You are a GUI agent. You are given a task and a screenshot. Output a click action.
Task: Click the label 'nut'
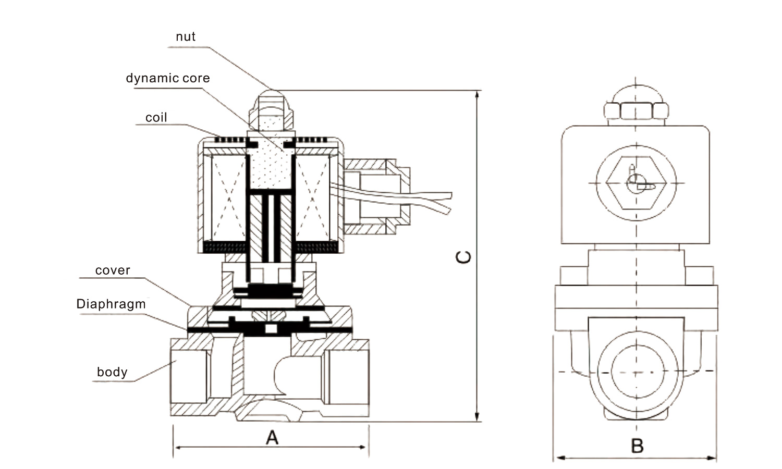[x=186, y=36]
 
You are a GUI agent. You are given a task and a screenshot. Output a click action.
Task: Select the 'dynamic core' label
[x=168, y=79]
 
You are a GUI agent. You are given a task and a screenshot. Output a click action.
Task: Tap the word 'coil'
[x=156, y=118]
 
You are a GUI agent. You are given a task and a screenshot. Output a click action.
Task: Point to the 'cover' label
[x=113, y=270]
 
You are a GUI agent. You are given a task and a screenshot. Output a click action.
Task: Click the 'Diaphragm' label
[x=111, y=304]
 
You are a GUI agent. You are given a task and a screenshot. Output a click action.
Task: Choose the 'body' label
[x=112, y=372]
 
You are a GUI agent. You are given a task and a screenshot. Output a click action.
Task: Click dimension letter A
[x=272, y=438]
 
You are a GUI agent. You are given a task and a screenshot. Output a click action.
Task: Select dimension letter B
[x=637, y=446]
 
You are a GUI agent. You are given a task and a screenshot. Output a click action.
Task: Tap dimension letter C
[x=463, y=257]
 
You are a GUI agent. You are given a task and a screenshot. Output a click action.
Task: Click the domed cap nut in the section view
[x=271, y=110]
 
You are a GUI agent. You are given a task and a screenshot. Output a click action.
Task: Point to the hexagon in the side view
[x=636, y=183]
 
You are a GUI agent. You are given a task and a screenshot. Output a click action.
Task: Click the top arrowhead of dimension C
[x=477, y=95]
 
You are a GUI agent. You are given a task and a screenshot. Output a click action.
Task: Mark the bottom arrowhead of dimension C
[x=477, y=417]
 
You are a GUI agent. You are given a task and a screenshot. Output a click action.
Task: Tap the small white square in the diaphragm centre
[x=271, y=329]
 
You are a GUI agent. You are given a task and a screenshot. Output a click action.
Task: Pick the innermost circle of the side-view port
[x=638, y=372]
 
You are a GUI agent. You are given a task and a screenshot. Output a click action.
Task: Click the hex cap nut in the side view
[x=636, y=110]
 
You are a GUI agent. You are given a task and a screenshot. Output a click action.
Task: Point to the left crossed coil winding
[x=229, y=198]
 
